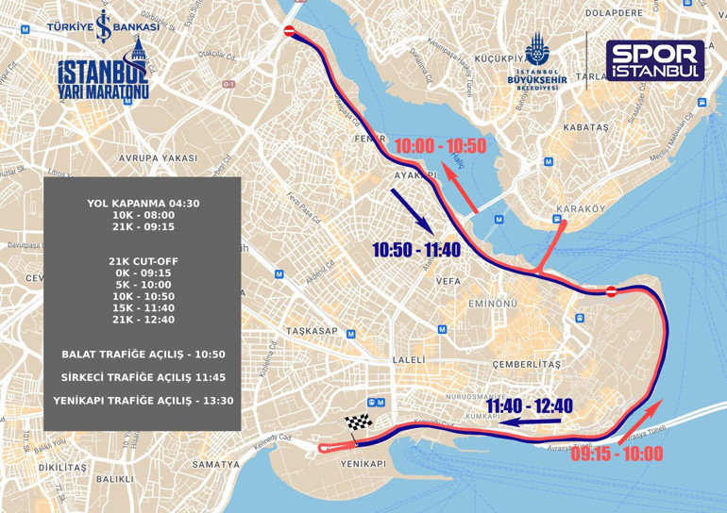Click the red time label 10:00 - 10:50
[440, 146]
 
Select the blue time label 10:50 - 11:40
[416, 250]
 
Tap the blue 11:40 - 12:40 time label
[530, 406]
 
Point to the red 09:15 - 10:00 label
[617, 454]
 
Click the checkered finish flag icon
[356, 423]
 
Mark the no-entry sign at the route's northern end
[290, 31]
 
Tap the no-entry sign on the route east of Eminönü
[611, 290]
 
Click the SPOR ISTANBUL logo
[654, 60]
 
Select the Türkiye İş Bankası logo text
[103, 27]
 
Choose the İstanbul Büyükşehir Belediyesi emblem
[536, 58]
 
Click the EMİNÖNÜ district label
[493, 304]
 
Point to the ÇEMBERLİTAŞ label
[526, 364]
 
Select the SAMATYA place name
[216, 464]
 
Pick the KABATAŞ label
[585, 126]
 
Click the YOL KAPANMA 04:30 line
[143, 203]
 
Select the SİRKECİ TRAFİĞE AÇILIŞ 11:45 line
[143, 377]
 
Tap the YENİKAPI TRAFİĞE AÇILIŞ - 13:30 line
[143, 401]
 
